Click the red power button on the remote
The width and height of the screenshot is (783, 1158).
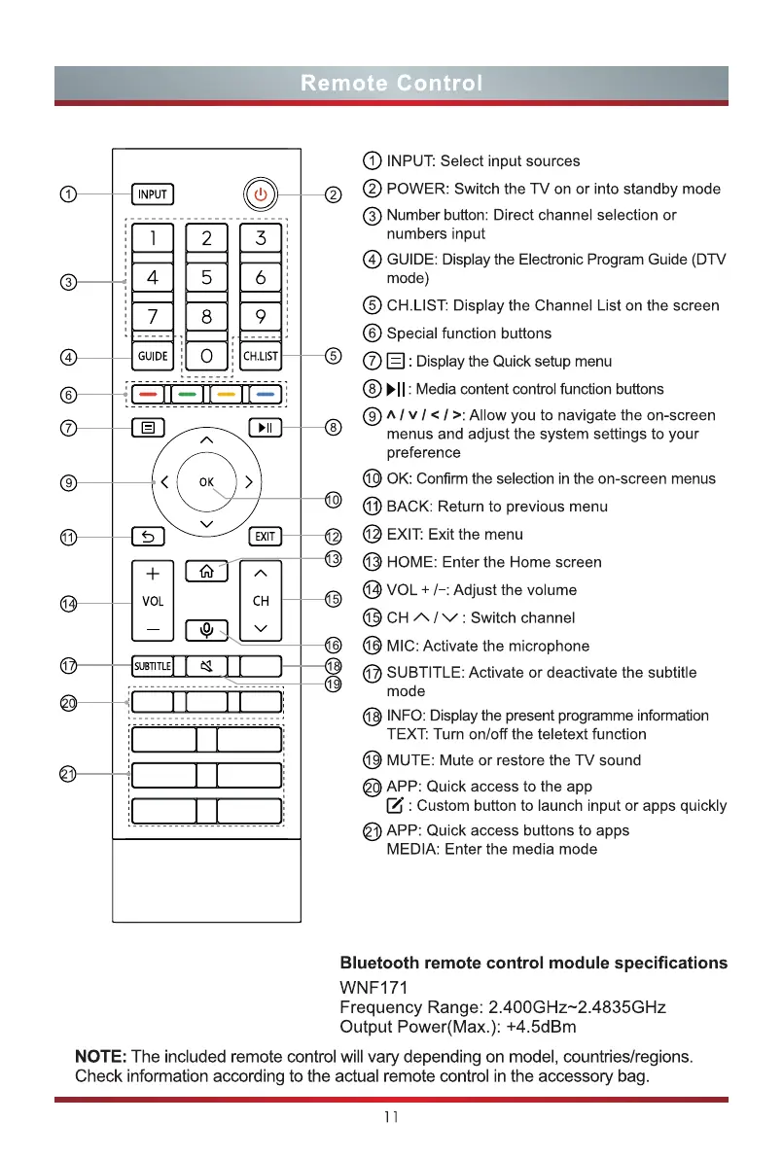tap(260, 194)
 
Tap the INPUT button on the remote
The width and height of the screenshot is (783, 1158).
tap(153, 194)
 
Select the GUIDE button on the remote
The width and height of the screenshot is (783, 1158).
tap(153, 356)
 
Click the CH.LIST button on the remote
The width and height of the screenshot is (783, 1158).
tap(261, 356)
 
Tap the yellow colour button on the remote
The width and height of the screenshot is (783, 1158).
tap(226, 396)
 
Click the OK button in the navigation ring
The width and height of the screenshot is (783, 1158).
tap(206, 481)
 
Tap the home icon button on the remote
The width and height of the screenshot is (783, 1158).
tap(206, 572)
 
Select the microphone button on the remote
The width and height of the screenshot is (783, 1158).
tap(206, 629)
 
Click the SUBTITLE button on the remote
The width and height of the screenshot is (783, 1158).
tap(153, 666)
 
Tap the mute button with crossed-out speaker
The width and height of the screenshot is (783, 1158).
tap(206, 666)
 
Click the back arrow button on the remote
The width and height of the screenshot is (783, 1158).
tap(153, 536)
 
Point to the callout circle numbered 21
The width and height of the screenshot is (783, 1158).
tap(68, 774)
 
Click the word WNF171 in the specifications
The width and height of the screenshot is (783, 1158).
tap(374, 988)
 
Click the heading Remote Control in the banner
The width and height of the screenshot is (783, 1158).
tap(391, 84)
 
